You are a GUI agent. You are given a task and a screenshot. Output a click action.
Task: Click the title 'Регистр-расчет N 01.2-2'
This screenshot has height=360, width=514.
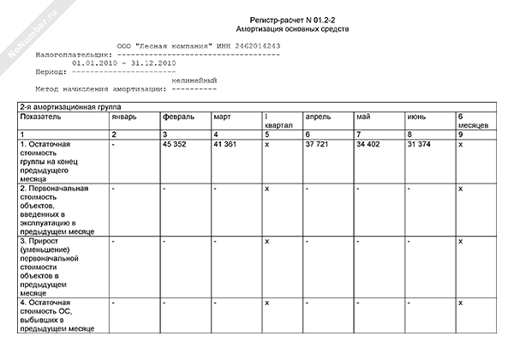click(x=294, y=19)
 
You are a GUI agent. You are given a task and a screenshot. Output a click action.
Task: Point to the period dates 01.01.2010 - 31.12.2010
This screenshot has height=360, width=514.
click(x=125, y=63)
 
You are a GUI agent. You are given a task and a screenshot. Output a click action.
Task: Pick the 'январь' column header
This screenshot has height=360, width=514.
click(x=123, y=116)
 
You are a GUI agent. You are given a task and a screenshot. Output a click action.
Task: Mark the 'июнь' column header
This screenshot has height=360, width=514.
click(x=418, y=116)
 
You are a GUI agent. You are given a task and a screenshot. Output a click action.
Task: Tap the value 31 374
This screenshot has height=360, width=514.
click(x=419, y=144)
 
